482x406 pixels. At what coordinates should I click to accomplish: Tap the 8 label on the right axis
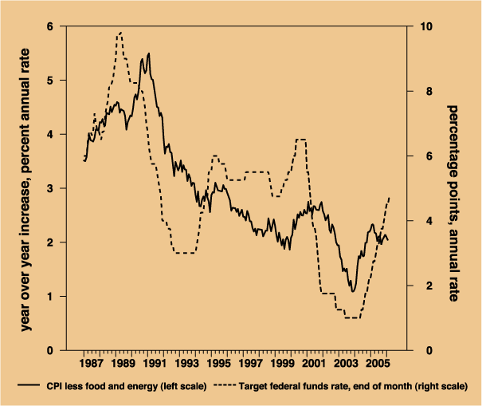click(x=421, y=92)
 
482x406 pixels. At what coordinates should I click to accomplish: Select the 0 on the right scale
click(x=421, y=350)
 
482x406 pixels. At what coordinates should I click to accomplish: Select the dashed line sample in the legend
click(x=226, y=387)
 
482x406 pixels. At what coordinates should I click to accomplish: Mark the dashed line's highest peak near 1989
click(x=120, y=33)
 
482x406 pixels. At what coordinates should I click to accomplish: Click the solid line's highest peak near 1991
click(x=149, y=53)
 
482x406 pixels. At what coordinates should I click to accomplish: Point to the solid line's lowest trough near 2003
click(x=352, y=291)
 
